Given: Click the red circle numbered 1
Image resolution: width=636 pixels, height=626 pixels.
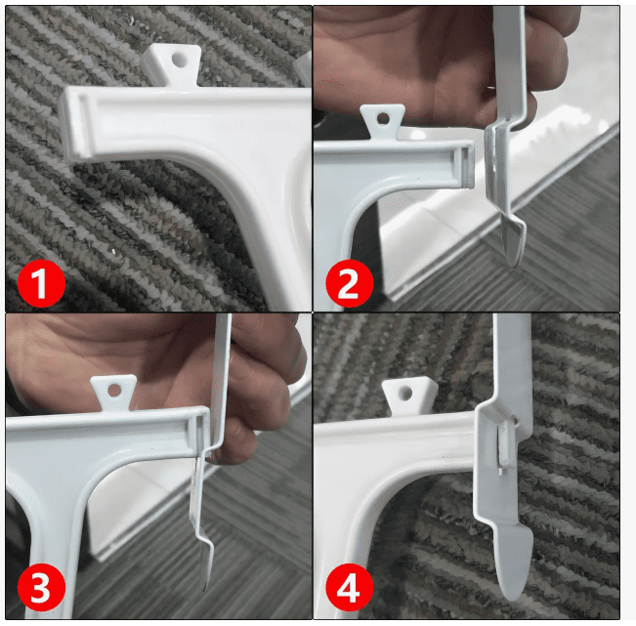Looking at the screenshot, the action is click(x=41, y=283).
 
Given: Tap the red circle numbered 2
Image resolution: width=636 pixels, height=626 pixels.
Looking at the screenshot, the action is click(x=350, y=283).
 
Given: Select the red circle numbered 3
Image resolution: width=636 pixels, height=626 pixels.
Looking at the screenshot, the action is click(x=41, y=588).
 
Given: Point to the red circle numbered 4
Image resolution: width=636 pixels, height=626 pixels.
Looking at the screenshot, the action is click(x=350, y=588).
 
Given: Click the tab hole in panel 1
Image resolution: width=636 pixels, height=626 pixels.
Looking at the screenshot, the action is click(x=180, y=60).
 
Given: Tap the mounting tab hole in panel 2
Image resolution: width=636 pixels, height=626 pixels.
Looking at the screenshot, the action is click(x=383, y=119).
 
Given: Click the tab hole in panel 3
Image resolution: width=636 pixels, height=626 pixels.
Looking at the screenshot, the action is click(x=114, y=390).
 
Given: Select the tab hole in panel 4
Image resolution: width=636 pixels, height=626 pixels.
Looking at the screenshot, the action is click(x=405, y=393).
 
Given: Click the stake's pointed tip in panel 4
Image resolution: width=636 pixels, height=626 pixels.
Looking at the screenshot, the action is click(x=513, y=598).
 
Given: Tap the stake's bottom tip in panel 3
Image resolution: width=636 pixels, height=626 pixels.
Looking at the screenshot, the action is click(x=205, y=588).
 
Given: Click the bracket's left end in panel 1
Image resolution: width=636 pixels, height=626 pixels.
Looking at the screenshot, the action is click(x=73, y=124).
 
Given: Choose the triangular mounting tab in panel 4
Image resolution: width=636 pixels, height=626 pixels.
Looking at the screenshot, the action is click(x=408, y=395).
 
